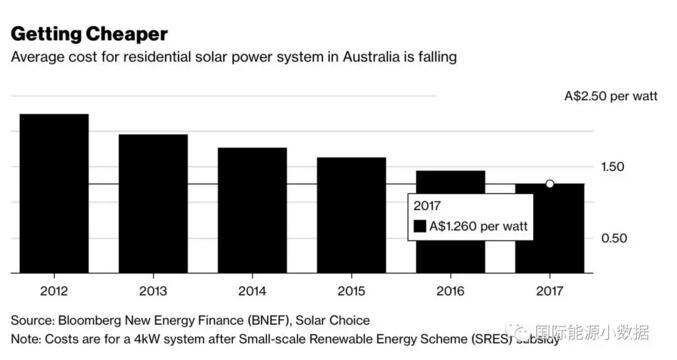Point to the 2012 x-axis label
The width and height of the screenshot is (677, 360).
click(54, 290)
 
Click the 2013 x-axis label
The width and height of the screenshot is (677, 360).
click(153, 290)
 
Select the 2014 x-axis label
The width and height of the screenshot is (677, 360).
click(252, 290)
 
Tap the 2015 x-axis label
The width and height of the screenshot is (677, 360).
click(351, 290)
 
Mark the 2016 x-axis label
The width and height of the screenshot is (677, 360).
click(450, 290)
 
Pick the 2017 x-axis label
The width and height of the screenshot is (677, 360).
click(549, 290)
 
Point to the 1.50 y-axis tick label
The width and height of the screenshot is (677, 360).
click(627, 167)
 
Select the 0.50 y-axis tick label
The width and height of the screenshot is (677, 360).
click(627, 238)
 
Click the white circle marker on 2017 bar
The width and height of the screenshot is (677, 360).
click(549, 184)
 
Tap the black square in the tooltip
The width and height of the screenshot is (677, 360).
click(419, 227)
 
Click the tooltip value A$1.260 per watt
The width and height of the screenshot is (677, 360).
click(478, 227)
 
